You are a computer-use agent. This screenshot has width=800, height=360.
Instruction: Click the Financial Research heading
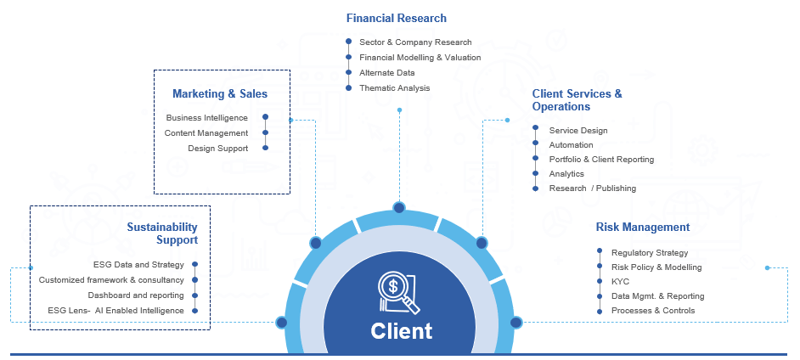[396, 18]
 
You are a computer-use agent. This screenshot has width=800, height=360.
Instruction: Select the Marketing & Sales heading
[219, 93]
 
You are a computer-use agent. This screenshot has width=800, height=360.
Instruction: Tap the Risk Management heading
[642, 227]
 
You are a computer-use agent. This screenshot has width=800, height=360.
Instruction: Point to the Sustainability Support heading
[162, 233]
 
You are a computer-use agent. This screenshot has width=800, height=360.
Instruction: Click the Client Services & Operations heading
[577, 100]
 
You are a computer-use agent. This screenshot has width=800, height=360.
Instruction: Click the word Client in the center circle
[401, 330]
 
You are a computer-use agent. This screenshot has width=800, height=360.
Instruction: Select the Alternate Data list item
[386, 72]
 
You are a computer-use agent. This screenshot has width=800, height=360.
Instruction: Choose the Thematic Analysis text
[394, 87]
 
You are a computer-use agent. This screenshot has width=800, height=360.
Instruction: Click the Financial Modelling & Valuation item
[420, 57]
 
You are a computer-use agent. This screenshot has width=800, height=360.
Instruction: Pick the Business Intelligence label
[206, 117]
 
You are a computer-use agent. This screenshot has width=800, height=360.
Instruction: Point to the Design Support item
[217, 148]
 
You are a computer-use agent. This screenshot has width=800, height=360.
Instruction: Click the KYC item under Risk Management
[620, 281]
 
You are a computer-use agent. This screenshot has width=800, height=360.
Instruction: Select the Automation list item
[571, 145]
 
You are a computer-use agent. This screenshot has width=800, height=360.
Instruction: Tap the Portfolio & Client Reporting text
[601, 159]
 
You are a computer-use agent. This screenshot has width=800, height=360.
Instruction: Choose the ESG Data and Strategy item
[138, 264]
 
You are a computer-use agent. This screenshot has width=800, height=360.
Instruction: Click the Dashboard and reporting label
[136, 295]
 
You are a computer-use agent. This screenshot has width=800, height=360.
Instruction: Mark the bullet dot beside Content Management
[266, 132]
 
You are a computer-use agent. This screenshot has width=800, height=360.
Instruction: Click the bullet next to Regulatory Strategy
[600, 252]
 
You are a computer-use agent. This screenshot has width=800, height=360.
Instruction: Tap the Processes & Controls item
[652, 310]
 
